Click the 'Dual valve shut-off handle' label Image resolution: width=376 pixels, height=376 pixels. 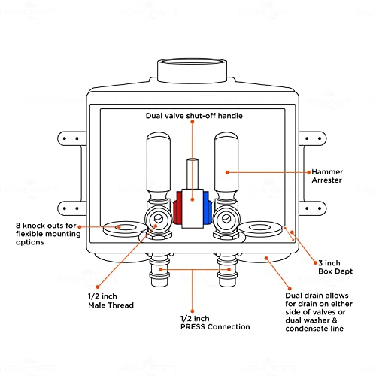click(x=194, y=116)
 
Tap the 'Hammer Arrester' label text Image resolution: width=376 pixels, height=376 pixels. click(x=327, y=176)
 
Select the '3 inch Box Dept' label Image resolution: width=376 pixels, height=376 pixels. click(x=335, y=267)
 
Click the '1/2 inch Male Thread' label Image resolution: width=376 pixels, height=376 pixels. click(x=111, y=301)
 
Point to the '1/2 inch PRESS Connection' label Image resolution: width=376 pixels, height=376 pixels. click(x=215, y=323)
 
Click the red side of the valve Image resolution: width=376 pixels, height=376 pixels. click(x=177, y=208)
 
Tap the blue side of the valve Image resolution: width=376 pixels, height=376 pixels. click(x=207, y=208)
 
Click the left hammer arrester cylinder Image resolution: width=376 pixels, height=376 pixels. click(x=158, y=165)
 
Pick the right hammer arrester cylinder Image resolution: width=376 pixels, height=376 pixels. click(x=226, y=165)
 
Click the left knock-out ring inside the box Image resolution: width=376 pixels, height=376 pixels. click(x=125, y=229)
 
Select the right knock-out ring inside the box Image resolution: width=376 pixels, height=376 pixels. click(x=260, y=229)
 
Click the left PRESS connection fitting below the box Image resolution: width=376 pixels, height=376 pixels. click(x=159, y=270)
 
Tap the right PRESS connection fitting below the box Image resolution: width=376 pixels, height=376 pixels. click(x=226, y=270)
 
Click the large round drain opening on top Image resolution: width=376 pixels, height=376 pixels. click(x=193, y=71)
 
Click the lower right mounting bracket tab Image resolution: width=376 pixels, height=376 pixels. click(x=313, y=208)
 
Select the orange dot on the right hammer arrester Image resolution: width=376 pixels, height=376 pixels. click(x=227, y=172)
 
